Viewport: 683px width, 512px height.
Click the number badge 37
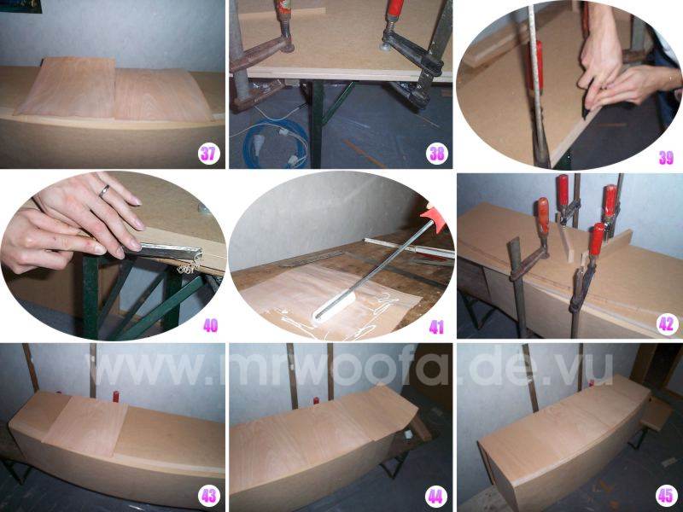point(208,154)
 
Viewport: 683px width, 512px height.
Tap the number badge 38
point(436,154)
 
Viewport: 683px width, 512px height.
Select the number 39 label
point(666,158)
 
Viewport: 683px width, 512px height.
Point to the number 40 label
point(210,326)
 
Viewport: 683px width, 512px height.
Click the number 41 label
point(436,328)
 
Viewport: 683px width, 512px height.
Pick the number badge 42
point(667,324)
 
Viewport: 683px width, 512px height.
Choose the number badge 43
point(208,497)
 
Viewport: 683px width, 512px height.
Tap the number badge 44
point(436,497)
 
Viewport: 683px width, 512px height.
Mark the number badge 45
point(666,496)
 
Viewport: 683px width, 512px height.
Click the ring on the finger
point(104,190)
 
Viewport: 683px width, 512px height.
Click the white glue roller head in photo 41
point(334,308)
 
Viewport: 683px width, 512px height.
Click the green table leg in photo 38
point(316,124)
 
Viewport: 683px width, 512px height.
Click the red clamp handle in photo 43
point(116,396)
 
